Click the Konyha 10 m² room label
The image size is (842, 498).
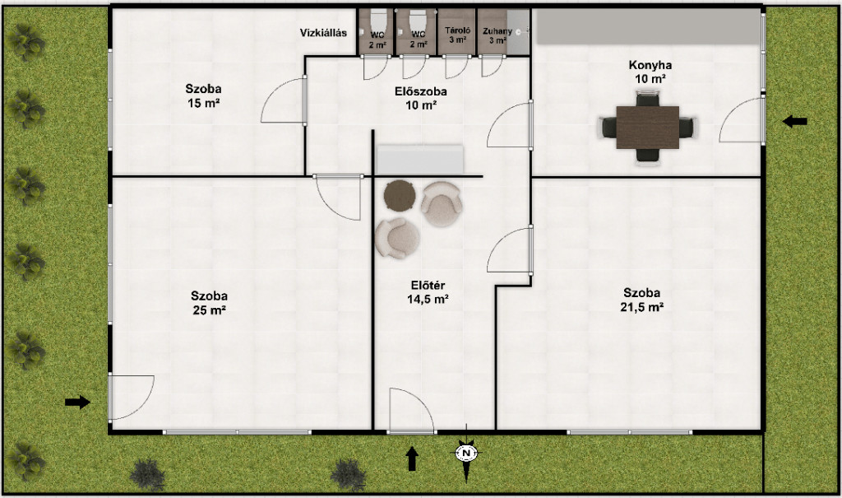(650, 72)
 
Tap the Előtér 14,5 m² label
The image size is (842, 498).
(428, 292)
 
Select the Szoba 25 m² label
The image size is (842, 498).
(209, 303)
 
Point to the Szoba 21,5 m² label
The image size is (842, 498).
(641, 300)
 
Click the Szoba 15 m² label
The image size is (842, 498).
(204, 95)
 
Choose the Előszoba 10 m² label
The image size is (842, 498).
(420, 98)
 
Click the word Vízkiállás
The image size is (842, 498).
(323, 33)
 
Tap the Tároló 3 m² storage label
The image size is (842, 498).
(457, 35)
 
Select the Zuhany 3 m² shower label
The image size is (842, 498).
(497, 35)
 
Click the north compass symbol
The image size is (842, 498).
(466, 454)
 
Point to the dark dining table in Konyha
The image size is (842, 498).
(648, 128)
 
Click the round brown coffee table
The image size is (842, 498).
(400, 195)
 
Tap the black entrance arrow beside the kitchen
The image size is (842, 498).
(795, 122)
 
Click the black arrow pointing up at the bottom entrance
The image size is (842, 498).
(412, 458)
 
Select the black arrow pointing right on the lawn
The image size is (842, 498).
(77, 402)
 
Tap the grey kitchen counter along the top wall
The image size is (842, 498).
(650, 26)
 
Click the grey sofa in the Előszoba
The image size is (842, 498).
(420, 160)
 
